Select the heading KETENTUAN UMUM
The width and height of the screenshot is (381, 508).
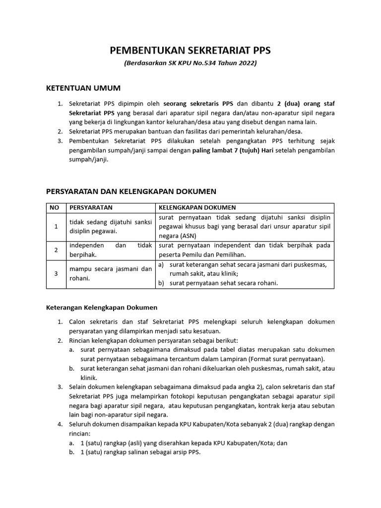tap(83, 88)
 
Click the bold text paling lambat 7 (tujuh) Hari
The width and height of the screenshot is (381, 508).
tap(233, 150)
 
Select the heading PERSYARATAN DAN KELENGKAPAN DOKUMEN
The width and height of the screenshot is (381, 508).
tap(131, 191)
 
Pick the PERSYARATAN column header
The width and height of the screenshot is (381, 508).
tap(91, 207)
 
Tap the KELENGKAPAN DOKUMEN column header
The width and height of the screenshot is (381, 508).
tap(197, 207)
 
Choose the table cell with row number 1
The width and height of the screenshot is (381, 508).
tap(56, 227)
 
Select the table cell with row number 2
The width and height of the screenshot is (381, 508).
tap(56, 250)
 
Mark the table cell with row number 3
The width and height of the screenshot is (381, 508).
tap(56, 274)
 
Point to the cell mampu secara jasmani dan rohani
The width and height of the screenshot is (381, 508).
tap(110, 274)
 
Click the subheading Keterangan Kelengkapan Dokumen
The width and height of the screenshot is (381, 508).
tap(102, 308)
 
